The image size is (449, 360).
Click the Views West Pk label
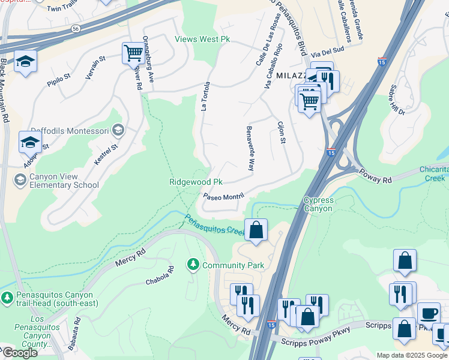(x=202, y=40)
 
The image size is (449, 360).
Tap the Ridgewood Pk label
(x=196, y=182)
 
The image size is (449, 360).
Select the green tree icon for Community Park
(x=193, y=265)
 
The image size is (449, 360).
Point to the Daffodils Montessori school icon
(x=118, y=130)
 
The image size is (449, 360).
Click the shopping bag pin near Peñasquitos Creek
(x=256, y=230)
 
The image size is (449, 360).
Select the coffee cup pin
(x=429, y=313)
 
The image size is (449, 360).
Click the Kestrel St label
(x=104, y=155)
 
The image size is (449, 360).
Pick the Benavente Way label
(x=251, y=148)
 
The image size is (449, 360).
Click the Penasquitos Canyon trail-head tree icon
(x=7, y=297)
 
